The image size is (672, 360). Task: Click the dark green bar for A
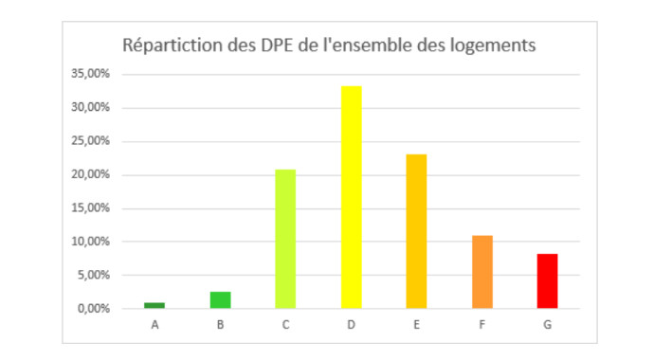(x=154, y=305)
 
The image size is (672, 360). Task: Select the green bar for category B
(x=220, y=299)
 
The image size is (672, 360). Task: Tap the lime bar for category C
(x=285, y=239)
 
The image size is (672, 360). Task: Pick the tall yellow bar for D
(x=351, y=197)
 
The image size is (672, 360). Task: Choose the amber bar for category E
(x=416, y=231)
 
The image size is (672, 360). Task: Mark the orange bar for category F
(x=481, y=272)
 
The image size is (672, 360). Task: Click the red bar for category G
(x=547, y=280)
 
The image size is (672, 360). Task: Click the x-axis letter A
(x=154, y=325)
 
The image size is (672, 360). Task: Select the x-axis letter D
(x=351, y=325)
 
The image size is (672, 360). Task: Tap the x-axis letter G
(x=547, y=325)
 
